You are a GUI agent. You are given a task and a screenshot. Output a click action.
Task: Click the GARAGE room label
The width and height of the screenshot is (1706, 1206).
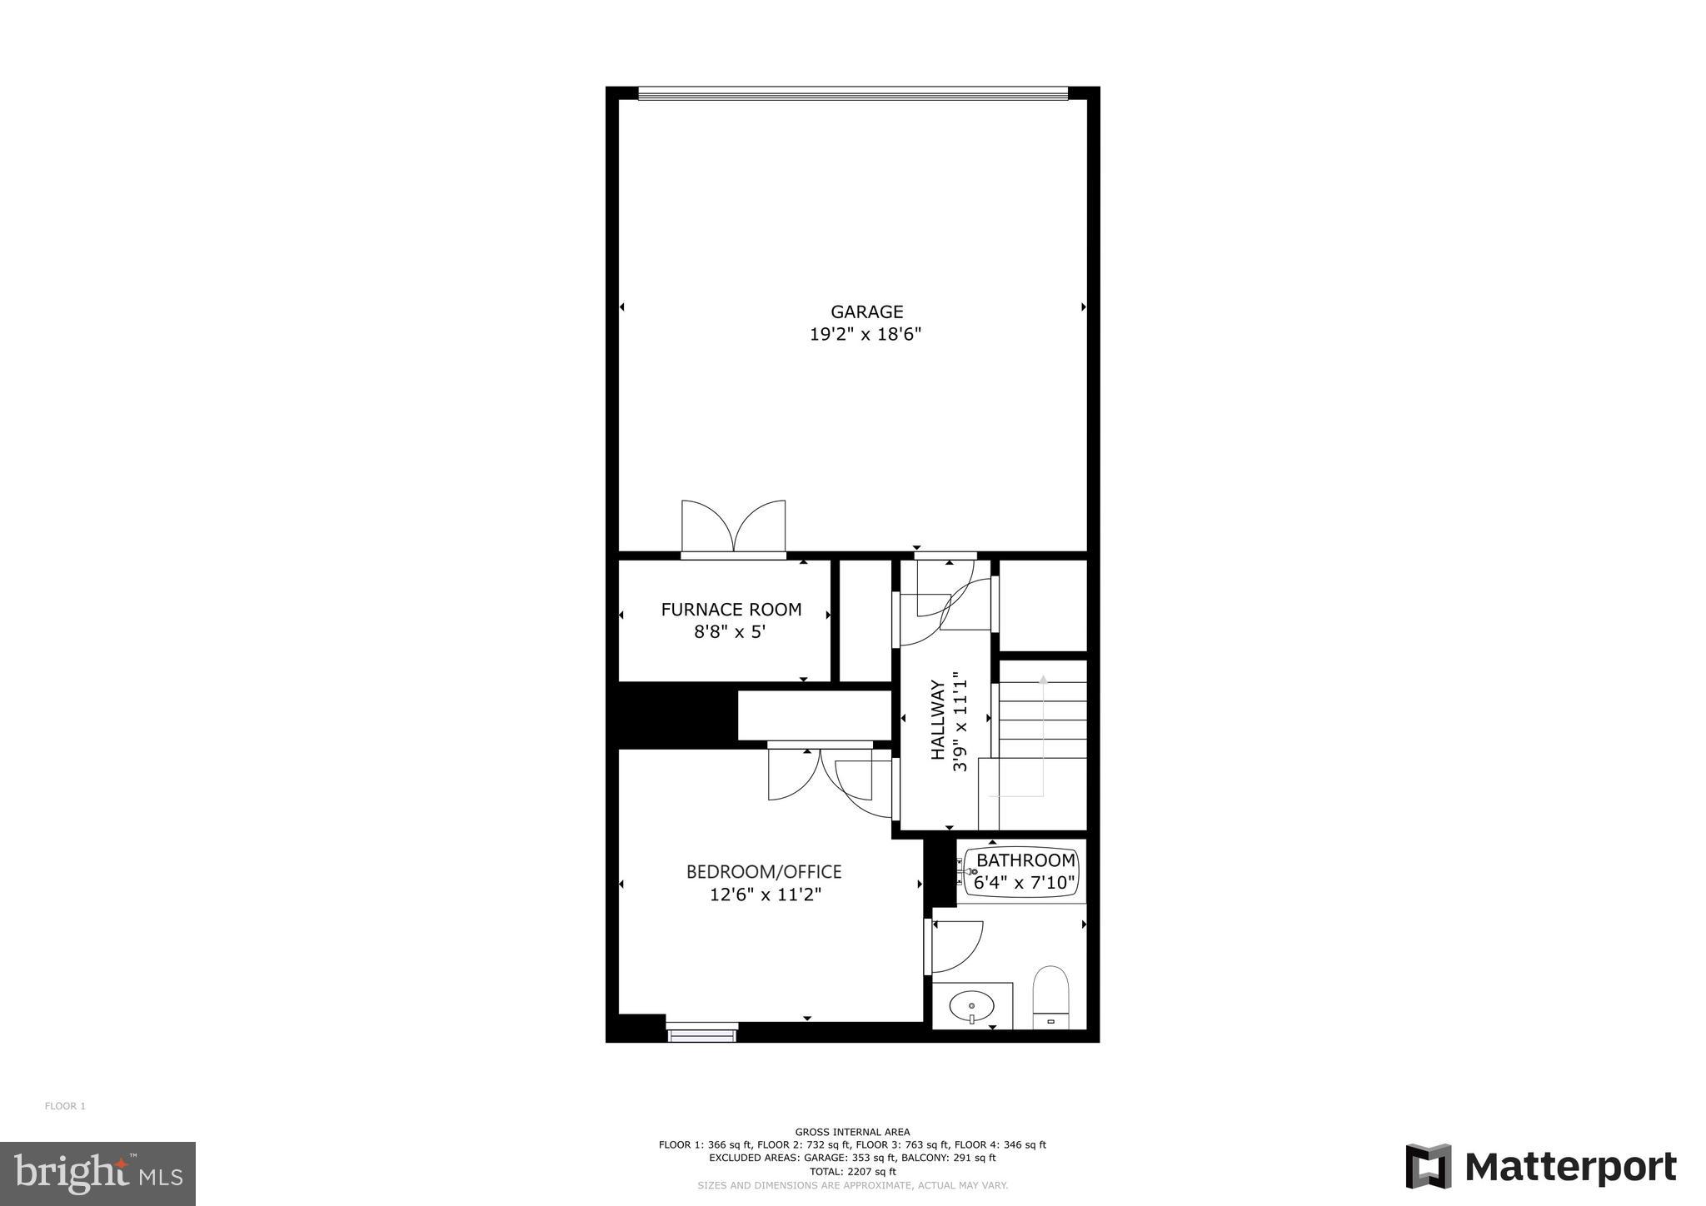(x=866, y=311)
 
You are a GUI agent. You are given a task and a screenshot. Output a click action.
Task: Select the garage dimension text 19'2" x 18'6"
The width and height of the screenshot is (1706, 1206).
(x=865, y=335)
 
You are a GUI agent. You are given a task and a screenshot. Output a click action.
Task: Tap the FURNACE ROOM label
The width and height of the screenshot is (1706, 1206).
(x=731, y=610)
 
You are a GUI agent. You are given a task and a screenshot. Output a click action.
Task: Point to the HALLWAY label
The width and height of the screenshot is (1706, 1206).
(x=938, y=720)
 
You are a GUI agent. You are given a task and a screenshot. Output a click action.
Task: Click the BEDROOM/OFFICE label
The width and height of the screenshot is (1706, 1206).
(x=764, y=872)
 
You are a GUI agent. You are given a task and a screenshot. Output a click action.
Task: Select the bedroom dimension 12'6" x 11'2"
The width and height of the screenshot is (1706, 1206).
(x=766, y=895)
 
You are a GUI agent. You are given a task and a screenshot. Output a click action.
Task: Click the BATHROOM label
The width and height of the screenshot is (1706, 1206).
(x=1025, y=860)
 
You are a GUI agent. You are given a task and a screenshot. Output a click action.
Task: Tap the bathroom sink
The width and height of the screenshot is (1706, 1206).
(x=971, y=1007)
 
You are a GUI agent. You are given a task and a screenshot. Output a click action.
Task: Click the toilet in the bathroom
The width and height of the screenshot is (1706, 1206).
(x=1050, y=996)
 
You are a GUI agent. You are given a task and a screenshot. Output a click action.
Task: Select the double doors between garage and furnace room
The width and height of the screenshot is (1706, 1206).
(x=733, y=528)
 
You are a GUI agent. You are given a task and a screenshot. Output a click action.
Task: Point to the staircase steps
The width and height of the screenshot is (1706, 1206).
(x=1042, y=720)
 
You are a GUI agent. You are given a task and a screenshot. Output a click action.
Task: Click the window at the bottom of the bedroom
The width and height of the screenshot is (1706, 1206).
(x=702, y=1033)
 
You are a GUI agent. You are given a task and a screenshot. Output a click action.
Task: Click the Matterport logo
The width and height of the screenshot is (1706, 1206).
(x=1541, y=1167)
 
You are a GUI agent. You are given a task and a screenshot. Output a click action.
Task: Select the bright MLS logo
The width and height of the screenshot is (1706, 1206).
(x=97, y=1174)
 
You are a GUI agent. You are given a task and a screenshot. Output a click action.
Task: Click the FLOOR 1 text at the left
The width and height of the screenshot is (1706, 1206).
(x=65, y=1106)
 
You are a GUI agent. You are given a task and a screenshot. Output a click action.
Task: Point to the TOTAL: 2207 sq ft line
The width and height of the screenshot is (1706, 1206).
(x=852, y=1171)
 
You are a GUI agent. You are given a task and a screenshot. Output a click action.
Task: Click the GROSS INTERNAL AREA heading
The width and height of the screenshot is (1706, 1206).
(x=852, y=1132)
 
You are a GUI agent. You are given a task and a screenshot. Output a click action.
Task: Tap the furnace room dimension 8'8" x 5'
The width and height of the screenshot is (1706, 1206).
(x=730, y=632)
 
